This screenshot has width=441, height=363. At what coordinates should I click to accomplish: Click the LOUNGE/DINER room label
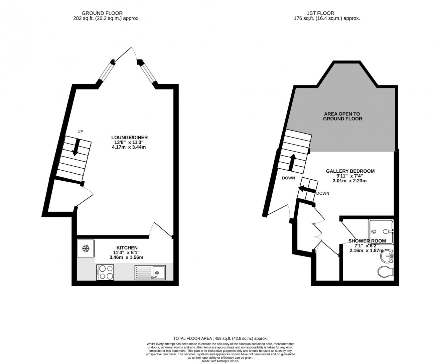click(x=129, y=138)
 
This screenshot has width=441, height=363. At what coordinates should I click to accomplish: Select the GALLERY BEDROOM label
click(x=350, y=171)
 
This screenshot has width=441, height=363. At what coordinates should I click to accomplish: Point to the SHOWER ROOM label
click(x=367, y=241)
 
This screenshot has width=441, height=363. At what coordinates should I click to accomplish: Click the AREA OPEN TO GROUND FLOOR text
click(x=342, y=116)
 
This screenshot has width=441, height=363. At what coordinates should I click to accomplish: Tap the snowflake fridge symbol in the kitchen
click(x=86, y=248)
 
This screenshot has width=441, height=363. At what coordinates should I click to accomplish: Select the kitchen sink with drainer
click(x=150, y=272)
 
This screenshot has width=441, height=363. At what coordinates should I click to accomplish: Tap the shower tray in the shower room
click(x=381, y=231)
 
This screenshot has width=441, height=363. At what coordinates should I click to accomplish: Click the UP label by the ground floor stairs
click(x=80, y=132)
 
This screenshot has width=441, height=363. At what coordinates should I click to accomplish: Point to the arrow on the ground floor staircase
click(x=76, y=147)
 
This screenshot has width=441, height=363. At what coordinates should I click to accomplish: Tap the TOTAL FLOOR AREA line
click(x=220, y=338)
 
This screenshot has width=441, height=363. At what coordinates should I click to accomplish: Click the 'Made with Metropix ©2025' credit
click(x=220, y=360)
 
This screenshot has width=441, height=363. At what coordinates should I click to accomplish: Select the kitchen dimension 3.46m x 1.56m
click(x=126, y=257)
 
